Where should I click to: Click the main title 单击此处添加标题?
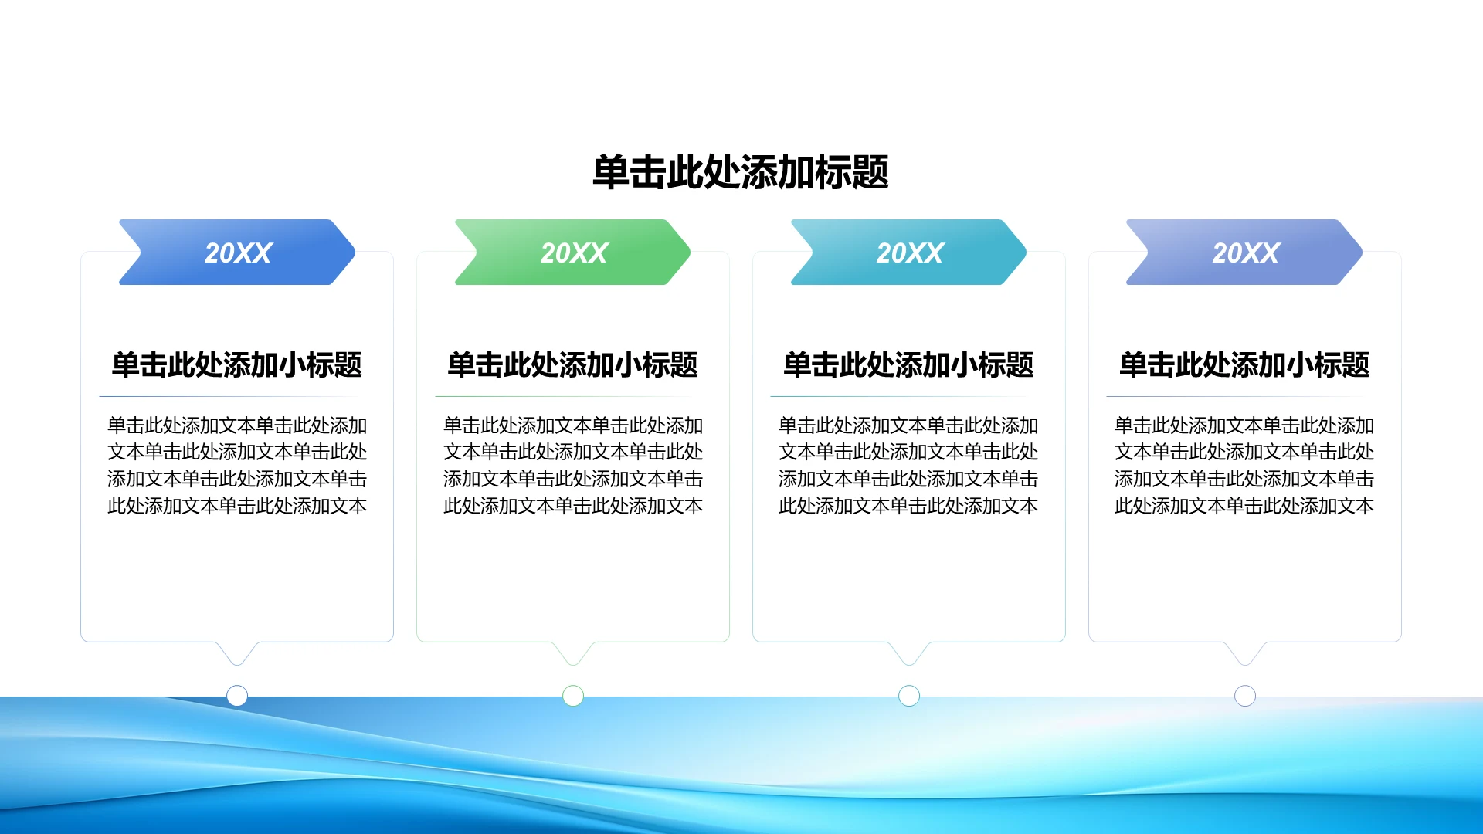(740, 172)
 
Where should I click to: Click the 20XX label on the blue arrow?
(238, 253)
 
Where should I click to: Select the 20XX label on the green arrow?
(574, 253)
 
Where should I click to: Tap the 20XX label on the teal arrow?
(910, 253)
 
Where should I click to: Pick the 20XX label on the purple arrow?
(1245, 253)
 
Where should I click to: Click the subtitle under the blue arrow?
(237, 364)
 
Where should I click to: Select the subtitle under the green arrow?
(572, 364)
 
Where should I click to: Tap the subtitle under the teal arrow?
(908, 364)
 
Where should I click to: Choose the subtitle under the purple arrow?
(1244, 364)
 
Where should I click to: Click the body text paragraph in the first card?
(237, 466)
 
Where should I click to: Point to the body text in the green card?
(572, 466)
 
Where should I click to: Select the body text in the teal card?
(908, 466)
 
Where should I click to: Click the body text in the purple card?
(1244, 466)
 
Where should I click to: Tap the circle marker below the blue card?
(237, 696)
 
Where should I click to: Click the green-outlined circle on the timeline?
(573, 696)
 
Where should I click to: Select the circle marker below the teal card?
(909, 696)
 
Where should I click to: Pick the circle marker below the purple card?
(1245, 696)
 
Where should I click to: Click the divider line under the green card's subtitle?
(572, 397)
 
